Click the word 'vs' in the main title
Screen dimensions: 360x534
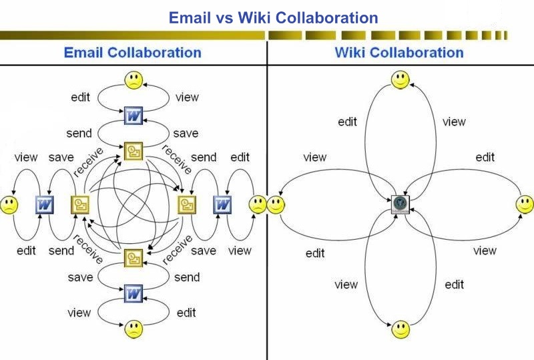pos(229,17)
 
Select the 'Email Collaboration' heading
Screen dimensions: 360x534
pos(132,52)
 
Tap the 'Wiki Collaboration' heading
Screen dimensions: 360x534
pos(399,52)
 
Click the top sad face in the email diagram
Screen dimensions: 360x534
pos(133,81)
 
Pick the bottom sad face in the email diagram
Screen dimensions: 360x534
pos(133,328)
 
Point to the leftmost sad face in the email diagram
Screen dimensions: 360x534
pos(9,204)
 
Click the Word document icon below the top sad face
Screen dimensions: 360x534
pos(133,116)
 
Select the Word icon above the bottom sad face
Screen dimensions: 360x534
pos(133,293)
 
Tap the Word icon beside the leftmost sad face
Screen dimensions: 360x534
pos(44,204)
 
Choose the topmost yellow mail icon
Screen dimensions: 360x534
pos(133,151)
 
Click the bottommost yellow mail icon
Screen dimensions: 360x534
pos(133,257)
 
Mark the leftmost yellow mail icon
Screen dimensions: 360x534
pos(80,204)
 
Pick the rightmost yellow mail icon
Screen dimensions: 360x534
pos(187,204)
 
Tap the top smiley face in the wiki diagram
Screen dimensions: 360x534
pos(400,80)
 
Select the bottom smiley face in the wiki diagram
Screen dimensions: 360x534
pos(400,329)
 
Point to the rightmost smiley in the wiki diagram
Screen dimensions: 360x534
pos(525,204)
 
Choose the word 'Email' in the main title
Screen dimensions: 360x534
pos(192,17)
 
